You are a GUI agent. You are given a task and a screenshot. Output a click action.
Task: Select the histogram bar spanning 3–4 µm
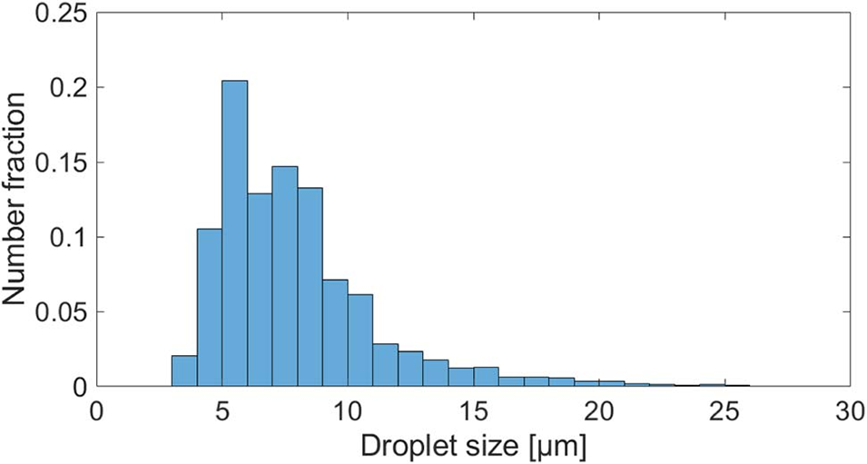[x=184, y=371]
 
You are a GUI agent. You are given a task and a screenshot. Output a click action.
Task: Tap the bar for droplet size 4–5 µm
[x=210, y=308]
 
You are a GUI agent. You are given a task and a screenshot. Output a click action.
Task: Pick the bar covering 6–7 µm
[x=260, y=291]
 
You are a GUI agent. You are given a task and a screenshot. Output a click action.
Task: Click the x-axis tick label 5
[x=222, y=410]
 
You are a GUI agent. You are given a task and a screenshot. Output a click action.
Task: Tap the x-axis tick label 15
[x=473, y=410]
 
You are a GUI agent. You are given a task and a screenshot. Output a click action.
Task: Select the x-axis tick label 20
[x=598, y=410]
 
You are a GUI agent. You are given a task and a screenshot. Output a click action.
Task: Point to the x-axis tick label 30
[x=849, y=410]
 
